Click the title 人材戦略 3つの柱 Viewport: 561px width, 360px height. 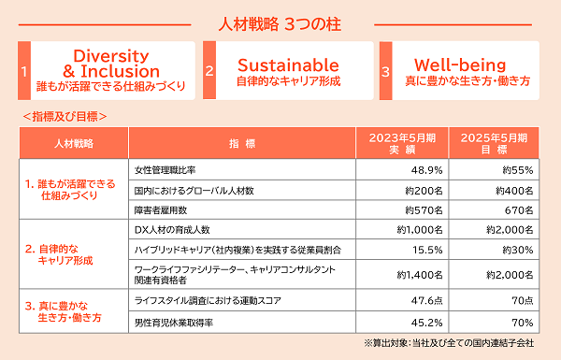[280, 24]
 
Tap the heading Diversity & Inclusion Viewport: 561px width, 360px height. [111, 64]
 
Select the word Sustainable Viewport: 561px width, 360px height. [288, 65]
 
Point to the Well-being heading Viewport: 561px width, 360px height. [460, 65]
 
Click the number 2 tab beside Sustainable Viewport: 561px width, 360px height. [209, 70]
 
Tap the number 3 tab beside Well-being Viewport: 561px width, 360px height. [385, 71]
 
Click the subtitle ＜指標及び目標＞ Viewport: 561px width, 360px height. [65, 117]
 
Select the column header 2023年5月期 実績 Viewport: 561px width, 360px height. [402, 143]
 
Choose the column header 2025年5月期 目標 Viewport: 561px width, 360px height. [494, 143]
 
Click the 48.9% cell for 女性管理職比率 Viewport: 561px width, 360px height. [427, 170]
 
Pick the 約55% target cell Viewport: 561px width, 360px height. [518, 170]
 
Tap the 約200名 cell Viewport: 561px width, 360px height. [424, 191]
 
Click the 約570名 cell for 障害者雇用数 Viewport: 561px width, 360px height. [424, 210]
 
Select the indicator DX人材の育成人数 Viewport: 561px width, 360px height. [172, 230]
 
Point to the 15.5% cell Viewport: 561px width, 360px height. [427, 250]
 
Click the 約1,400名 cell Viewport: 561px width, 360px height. [420, 275]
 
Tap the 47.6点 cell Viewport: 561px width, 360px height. [427, 300]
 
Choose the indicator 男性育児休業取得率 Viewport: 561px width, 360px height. [174, 323]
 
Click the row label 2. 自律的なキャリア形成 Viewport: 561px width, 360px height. [59, 254]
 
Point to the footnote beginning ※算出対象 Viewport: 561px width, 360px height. [449, 343]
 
